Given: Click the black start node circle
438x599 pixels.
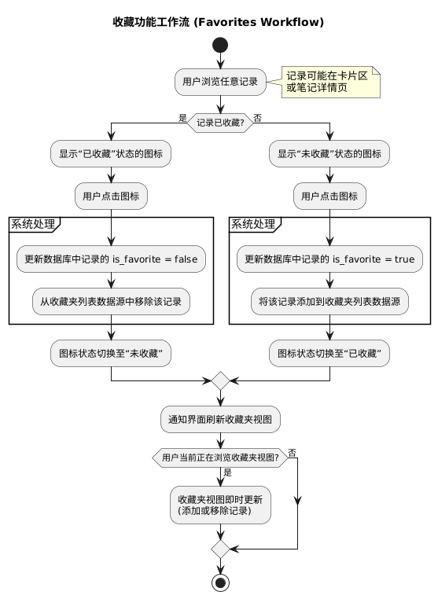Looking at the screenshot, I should point(220,46).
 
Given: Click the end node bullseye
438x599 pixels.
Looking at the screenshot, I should point(220,582).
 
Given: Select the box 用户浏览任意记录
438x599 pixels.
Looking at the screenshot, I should point(220,81).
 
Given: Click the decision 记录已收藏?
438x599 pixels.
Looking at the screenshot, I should point(220,123).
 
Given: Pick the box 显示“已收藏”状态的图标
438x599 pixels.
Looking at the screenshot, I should point(111,153).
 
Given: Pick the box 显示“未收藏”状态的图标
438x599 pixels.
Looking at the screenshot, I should point(329,153).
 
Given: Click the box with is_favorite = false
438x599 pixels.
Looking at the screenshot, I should point(111,259).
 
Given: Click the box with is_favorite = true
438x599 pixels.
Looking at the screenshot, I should point(329,259).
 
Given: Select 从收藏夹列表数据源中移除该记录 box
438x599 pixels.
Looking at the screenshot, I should point(111,300).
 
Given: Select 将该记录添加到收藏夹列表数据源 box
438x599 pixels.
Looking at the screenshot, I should point(329,300).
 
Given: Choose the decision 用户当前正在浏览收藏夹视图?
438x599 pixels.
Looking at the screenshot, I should point(220,458).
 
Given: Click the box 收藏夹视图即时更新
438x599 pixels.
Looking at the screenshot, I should point(220,505).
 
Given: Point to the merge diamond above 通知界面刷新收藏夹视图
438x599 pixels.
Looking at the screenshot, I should point(220,380).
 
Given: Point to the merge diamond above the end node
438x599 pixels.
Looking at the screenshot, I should point(220,548).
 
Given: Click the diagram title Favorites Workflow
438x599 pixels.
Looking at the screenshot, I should point(219,21).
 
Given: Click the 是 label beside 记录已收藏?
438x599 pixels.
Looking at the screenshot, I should point(182,118).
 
